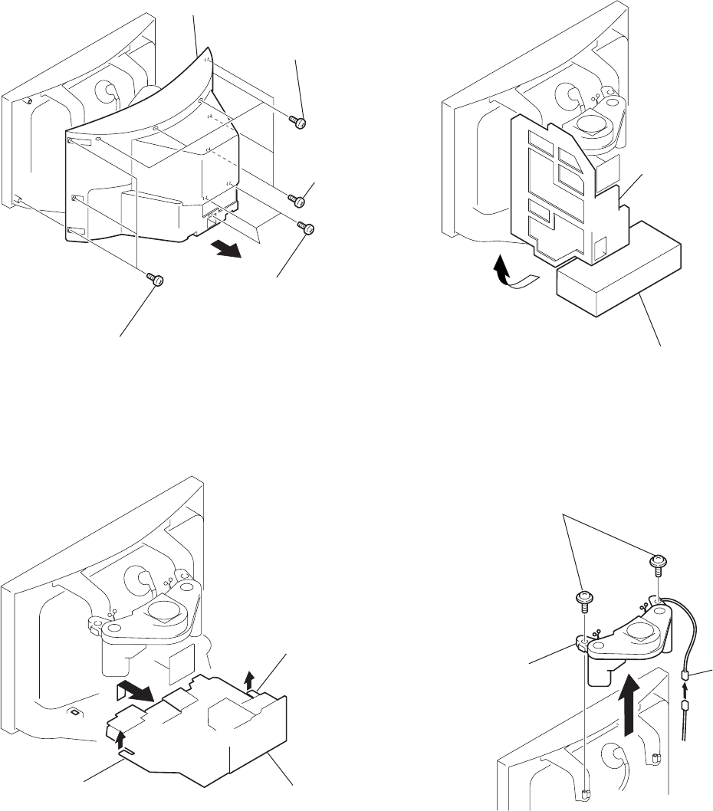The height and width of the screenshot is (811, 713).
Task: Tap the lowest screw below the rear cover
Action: (157, 281)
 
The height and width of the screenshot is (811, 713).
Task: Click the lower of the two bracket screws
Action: (583, 597)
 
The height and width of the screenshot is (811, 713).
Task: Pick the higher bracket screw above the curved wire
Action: (655, 564)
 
